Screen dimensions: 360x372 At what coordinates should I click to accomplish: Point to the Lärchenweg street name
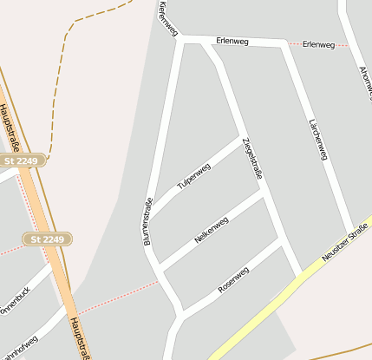point(318,140)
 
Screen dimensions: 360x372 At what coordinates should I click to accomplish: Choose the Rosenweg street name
point(233,279)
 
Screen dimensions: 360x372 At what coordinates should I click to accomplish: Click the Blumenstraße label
point(148,221)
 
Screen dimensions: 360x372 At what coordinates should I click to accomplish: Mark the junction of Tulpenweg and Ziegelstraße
point(240,137)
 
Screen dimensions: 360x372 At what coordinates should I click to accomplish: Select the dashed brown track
point(66,78)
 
